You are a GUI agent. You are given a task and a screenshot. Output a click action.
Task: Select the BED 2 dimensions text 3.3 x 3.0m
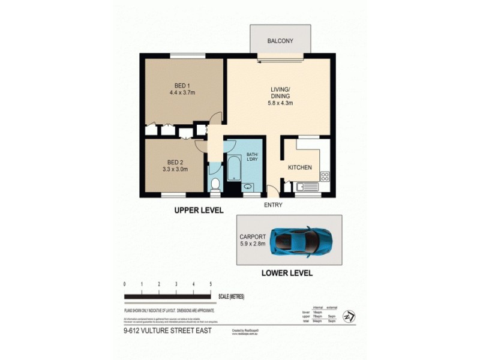coord(175,169)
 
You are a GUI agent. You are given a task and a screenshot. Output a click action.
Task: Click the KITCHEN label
coord(299,167)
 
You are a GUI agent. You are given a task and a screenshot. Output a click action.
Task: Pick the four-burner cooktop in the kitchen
coord(325,176)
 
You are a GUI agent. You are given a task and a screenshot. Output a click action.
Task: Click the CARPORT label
coord(252,236)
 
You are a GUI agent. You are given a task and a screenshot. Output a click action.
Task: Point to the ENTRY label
coord(272,205)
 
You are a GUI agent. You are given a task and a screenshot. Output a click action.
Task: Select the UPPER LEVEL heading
coord(199,211)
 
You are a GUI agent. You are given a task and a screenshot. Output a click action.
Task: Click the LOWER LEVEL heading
coord(287,273)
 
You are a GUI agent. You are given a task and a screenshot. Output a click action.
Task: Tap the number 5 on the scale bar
coord(210,283)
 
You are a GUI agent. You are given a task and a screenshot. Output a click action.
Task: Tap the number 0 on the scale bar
coord(124,283)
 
